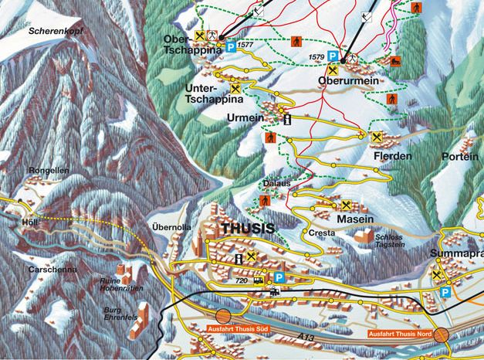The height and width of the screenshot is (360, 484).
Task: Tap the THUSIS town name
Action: click(x=247, y=229)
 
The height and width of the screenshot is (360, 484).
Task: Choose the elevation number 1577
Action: click(x=246, y=46)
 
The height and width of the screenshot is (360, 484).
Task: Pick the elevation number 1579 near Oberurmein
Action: click(x=314, y=56)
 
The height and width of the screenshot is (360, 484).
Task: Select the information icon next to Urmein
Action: click(x=287, y=120)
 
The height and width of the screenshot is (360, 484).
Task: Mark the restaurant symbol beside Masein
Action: click(x=346, y=205)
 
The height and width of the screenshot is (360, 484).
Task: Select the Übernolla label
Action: click(x=171, y=227)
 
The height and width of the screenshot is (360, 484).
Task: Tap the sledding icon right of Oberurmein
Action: click(x=394, y=59)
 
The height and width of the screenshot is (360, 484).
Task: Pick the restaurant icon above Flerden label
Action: click(x=377, y=138)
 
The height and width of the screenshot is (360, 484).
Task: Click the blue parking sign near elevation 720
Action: click(x=279, y=277)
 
